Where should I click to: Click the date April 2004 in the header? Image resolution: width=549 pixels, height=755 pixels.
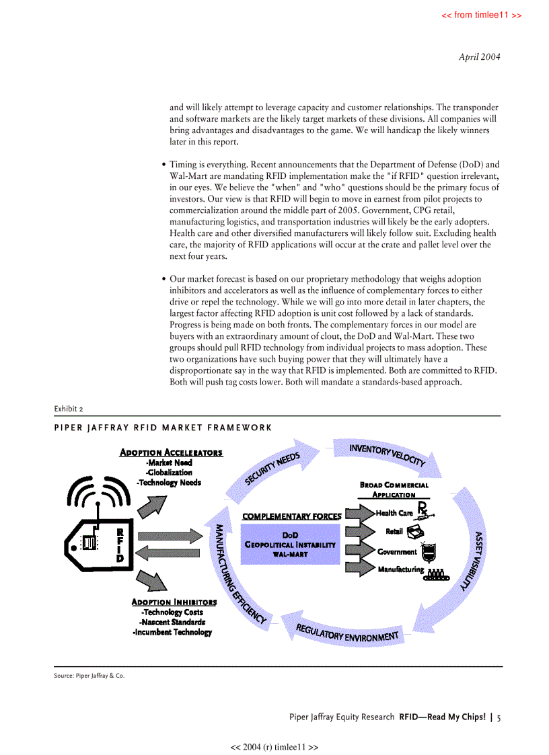(x=479, y=57)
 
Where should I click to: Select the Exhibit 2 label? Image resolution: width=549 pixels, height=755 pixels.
(x=69, y=408)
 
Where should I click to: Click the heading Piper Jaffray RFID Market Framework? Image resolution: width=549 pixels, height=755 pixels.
(x=163, y=427)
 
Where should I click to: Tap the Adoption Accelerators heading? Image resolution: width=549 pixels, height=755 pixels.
(x=171, y=452)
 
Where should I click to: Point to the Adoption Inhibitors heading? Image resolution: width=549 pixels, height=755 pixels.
(x=174, y=602)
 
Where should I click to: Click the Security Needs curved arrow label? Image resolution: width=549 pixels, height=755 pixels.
(x=272, y=468)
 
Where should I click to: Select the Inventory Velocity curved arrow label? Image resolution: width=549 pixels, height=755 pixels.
(x=387, y=455)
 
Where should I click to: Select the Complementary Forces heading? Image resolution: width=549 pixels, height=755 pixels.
(x=291, y=516)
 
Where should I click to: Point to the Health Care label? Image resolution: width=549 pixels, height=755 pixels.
(x=394, y=513)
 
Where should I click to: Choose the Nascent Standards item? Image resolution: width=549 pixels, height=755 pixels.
(x=173, y=622)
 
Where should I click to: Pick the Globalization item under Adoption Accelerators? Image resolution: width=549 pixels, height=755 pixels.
(x=170, y=473)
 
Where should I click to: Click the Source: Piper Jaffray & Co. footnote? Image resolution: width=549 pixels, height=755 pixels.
(x=89, y=676)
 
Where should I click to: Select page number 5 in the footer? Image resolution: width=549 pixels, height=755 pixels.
(x=499, y=717)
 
